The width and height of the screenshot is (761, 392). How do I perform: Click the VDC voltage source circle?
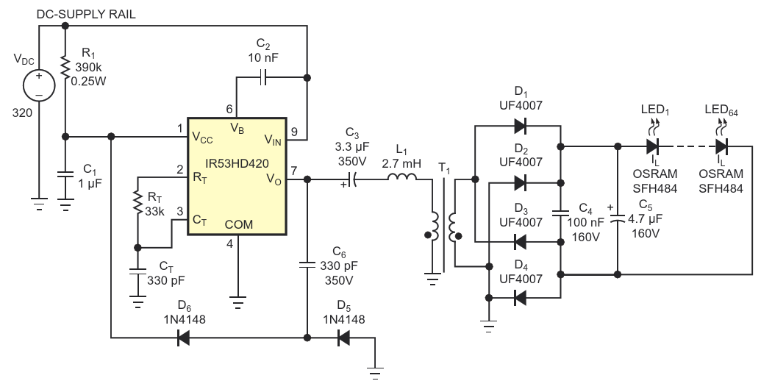[x=39, y=85]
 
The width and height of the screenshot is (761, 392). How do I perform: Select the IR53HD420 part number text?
[x=236, y=163]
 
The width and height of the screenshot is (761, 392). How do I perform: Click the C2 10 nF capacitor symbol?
[x=262, y=77]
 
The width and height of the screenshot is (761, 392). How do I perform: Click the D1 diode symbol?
[x=521, y=126]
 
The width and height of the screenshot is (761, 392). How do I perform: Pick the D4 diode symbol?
[x=521, y=297]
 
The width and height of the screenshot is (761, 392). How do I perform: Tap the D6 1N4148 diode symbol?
[x=183, y=338]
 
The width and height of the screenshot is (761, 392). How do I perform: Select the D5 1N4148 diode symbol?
[x=343, y=338]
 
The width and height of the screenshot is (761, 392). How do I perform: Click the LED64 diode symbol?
[x=722, y=146]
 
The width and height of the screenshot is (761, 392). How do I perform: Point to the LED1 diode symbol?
[x=651, y=146]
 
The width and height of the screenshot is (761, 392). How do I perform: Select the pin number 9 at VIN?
[x=293, y=132]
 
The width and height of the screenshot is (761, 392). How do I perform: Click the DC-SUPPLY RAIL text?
[x=86, y=15]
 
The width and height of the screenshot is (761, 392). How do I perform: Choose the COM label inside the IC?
[x=239, y=224]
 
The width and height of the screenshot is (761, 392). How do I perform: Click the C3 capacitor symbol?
[x=353, y=179]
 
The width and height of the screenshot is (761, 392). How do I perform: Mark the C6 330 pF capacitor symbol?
[x=307, y=265]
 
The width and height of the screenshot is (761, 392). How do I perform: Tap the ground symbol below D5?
[x=375, y=374]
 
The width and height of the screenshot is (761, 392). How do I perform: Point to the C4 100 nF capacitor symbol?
[x=560, y=213]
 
